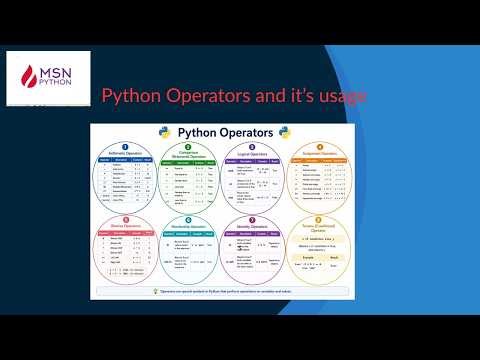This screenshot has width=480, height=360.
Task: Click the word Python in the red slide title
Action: point(134,97)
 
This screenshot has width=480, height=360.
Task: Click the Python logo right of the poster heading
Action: point(286,132)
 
